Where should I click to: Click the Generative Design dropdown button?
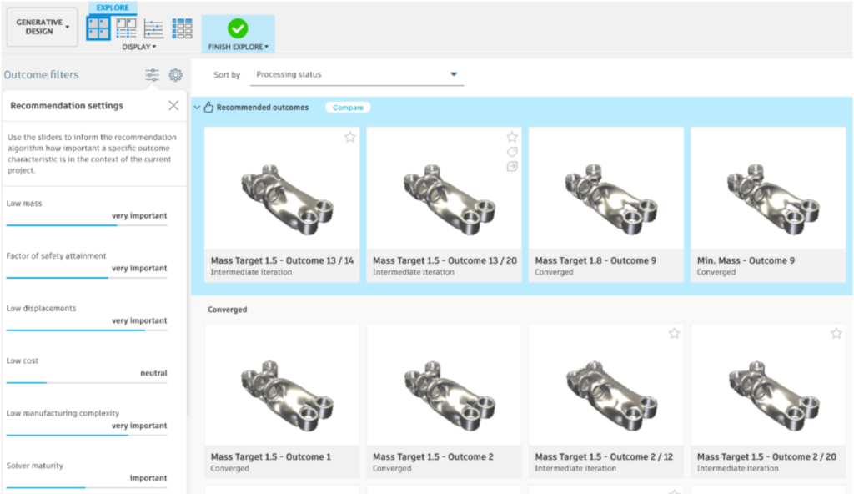(x=42, y=27)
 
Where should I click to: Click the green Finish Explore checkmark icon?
(x=238, y=28)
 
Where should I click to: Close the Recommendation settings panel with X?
(x=173, y=106)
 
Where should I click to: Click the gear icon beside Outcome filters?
(x=175, y=75)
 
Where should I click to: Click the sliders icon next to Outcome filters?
(x=152, y=75)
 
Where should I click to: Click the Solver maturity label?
(x=34, y=466)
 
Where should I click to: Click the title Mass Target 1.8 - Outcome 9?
(x=595, y=260)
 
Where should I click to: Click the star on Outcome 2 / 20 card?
(x=836, y=334)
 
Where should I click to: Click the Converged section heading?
(x=227, y=310)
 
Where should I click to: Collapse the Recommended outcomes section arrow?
(x=197, y=108)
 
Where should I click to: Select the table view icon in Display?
(x=182, y=28)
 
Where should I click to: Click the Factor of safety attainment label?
(x=56, y=256)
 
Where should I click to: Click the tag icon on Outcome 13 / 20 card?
(x=512, y=152)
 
